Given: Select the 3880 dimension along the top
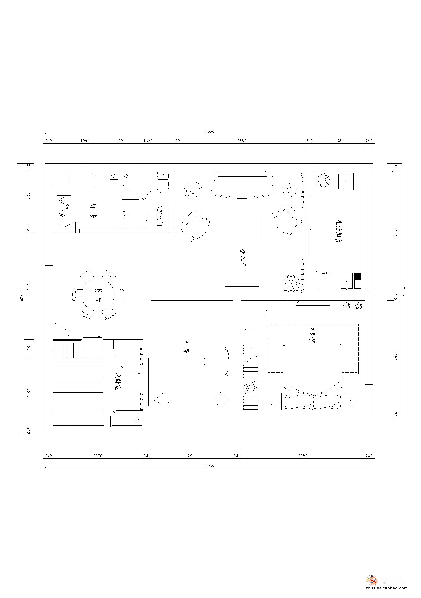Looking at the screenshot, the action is click(242, 141).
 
